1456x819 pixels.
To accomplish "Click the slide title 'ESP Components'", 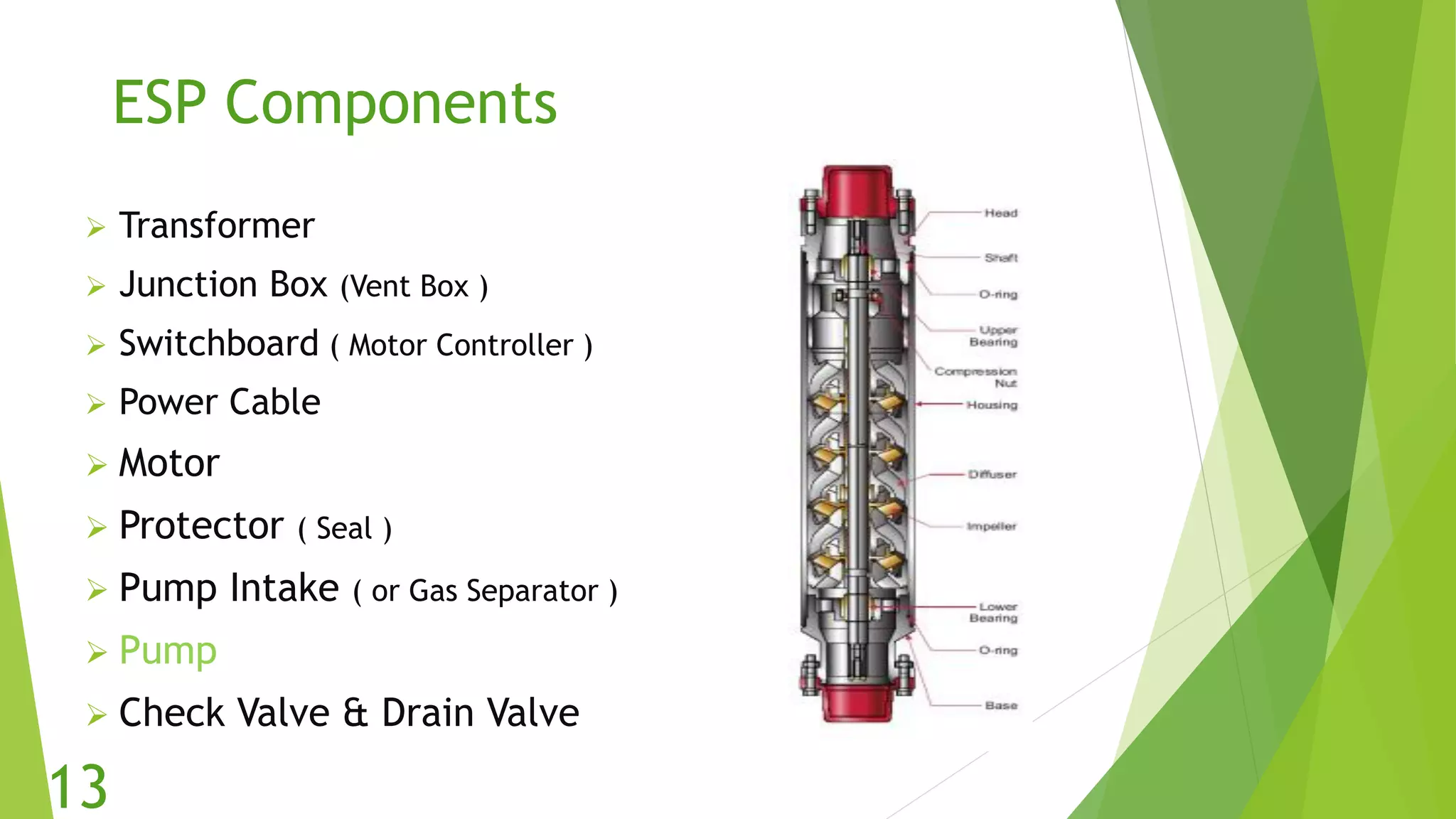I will click(x=335, y=103).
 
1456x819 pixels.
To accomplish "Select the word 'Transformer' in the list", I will click(x=217, y=226).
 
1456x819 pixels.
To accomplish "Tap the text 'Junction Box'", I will click(x=223, y=284).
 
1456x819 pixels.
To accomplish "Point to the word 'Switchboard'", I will click(x=219, y=343).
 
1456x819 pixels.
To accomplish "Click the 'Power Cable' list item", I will click(x=220, y=402).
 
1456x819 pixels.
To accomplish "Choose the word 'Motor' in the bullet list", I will click(x=169, y=464).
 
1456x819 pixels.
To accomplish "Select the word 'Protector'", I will click(x=201, y=526).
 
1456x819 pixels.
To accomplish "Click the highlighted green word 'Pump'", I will click(x=168, y=650).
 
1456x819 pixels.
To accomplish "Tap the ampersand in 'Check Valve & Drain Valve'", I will click(x=355, y=713).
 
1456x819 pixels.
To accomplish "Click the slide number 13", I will click(x=78, y=787).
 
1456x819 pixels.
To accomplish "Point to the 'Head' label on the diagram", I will click(x=1001, y=213).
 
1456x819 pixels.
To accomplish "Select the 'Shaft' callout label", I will click(x=1001, y=257).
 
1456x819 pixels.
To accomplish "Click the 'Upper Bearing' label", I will click(x=994, y=336).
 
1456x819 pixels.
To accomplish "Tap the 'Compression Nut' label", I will click(x=976, y=378).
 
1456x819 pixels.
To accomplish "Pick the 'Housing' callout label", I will click(x=992, y=405).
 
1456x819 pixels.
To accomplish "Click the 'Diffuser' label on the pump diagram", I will click(x=992, y=474).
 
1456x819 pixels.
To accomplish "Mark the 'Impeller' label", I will click(x=992, y=527).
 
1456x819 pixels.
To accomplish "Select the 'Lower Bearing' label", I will click(x=994, y=613).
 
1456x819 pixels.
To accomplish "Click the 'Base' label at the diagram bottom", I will click(x=1001, y=705).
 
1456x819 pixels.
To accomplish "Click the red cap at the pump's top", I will click(x=857, y=191).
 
